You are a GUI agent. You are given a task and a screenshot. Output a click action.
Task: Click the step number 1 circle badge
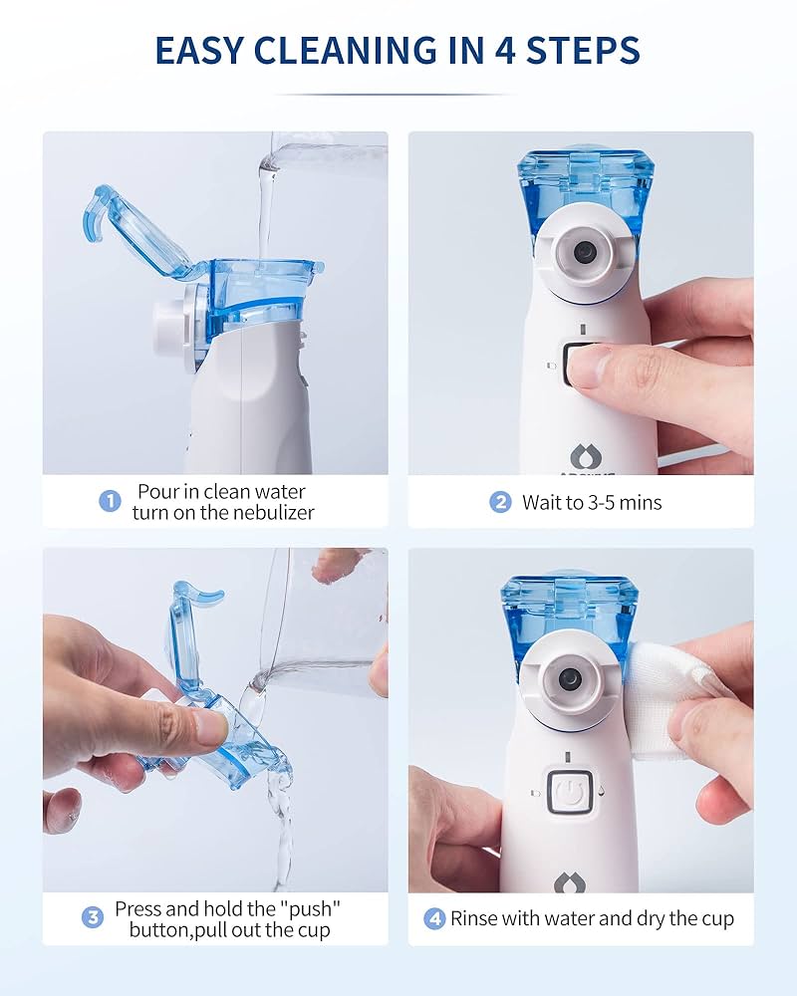(x=110, y=500)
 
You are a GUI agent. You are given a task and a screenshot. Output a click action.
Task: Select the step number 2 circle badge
(x=500, y=502)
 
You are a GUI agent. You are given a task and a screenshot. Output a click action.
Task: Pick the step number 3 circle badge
(x=93, y=917)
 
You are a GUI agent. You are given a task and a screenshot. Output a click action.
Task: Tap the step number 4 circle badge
(x=434, y=918)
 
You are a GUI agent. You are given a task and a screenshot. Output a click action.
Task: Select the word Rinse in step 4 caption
(x=475, y=918)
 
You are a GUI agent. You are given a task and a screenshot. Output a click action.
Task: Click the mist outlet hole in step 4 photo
(x=570, y=679)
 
